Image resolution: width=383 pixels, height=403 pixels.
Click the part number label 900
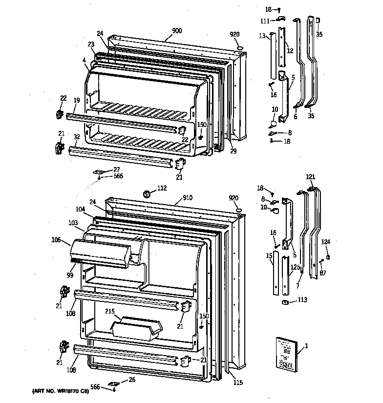pyautogui.click(x=176, y=30)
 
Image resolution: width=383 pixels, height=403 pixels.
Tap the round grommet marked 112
pyautogui.click(x=146, y=194)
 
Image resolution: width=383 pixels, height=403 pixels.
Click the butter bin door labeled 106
pyautogui.click(x=101, y=251)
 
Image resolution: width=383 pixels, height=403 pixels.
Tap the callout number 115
pyautogui.click(x=237, y=382)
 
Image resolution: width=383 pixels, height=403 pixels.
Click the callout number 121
pyautogui.click(x=311, y=176)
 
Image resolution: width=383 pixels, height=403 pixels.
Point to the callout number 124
pyautogui.click(x=325, y=242)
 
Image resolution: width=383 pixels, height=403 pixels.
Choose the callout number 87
pyautogui.click(x=323, y=273)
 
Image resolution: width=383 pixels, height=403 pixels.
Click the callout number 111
pyautogui.click(x=265, y=21)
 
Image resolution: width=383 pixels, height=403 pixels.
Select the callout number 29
pyautogui.click(x=233, y=151)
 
